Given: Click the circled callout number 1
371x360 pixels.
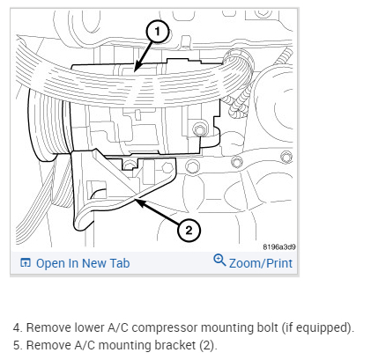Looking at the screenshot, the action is (158, 32).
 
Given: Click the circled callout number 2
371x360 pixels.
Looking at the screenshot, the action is (189, 230).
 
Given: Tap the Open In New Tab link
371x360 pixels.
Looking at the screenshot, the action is (75, 263).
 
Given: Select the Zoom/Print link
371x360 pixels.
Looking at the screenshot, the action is (253, 261).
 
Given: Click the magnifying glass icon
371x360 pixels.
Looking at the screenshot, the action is (219, 260).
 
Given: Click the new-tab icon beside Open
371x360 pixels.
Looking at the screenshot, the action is (26, 262).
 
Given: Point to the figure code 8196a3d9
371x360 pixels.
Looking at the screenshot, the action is (279, 246).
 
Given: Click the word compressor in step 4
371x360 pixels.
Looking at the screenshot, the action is (165, 327).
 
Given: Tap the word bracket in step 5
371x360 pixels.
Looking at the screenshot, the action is (175, 345).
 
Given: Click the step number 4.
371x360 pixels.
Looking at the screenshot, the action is (18, 327).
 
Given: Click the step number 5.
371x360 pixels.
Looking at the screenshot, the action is (18, 345).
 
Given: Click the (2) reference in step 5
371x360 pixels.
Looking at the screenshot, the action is (208, 345).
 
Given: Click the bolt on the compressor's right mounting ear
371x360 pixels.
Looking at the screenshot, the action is (200, 129).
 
